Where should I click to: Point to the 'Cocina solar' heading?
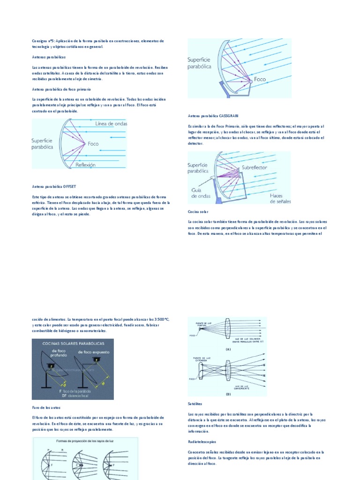(197, 211)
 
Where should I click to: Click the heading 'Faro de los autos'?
(46, 408)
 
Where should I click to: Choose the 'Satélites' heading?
(195, 403)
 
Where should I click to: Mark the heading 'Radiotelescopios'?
(202, 442)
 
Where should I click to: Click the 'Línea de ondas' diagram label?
(111, 124)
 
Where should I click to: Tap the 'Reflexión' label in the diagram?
(85, 165)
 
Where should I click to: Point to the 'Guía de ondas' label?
(200, 193)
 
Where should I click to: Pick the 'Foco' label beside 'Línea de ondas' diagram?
(93, 144)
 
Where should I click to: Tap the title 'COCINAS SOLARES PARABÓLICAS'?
(74, 344)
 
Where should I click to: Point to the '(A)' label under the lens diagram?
(228, 349)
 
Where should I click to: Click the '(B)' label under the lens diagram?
(228, 394)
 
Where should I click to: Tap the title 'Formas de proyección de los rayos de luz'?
(85, 441)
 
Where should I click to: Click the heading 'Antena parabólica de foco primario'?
(61, 89)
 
